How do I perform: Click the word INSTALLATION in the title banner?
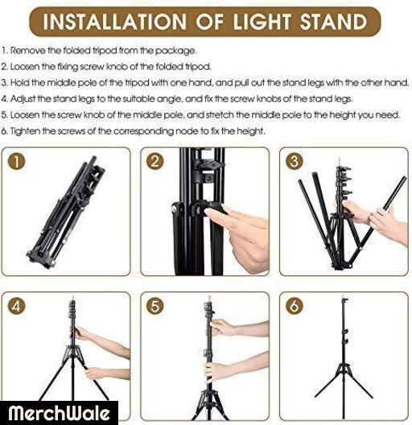tap(114, 22)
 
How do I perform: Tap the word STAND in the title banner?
tap(333, 22)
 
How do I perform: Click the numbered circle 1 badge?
tap(16, 162)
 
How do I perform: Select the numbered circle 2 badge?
tap(154, 162)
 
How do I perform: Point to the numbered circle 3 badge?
tap(294, 162)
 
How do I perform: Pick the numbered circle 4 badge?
tap(16, 306)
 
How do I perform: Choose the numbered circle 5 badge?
tap(154, 306)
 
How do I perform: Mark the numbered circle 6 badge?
tap(294, 306)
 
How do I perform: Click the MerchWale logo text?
tap(59, 413)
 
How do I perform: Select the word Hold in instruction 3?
tap(20, 83)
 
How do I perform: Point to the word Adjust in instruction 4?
tap(23, 99)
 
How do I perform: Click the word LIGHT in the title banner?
tap(262, 22)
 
